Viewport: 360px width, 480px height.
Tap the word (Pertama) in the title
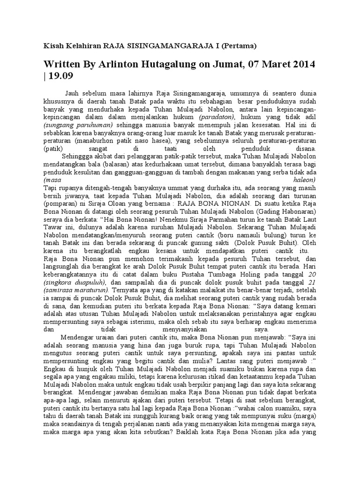240,46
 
